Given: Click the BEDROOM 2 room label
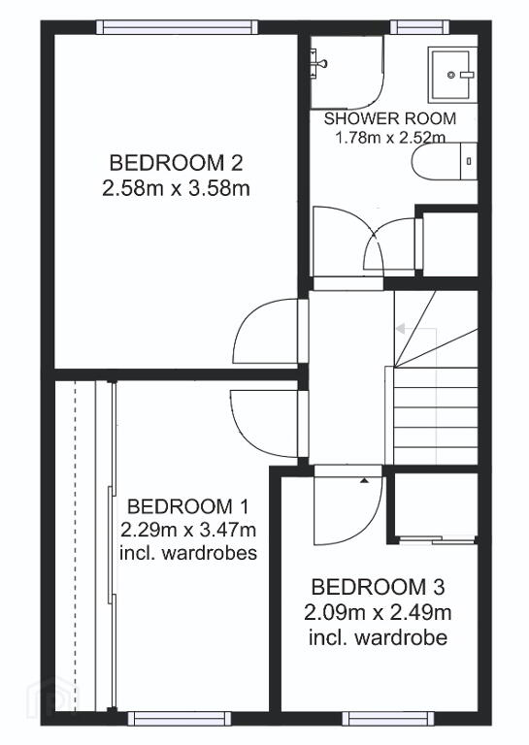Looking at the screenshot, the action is pyautogui.click(x=176, y=163).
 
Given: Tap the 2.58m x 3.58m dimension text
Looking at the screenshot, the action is pyautogui.click(x=176, y=188).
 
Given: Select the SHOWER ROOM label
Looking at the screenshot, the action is pyautogui.click(x=390, y=118).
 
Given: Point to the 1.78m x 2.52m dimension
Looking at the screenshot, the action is pyautogui.click(x=390, y=138).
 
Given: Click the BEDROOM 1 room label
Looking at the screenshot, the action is pyautogui.click(x=187, y=506).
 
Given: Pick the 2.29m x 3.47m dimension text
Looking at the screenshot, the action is pyautogui.click(x=188, y=530).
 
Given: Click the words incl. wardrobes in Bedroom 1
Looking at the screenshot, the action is pyautogui.click(x=188, y=553).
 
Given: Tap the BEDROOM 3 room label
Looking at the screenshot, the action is pyautogui.click(x=378, y=587).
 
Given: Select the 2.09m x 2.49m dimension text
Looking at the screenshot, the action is pyautogui.click(x=378, y=612).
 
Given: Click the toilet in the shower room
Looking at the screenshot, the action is pyautogui.click(x=444, y=162).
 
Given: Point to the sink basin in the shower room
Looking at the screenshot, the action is pyautogui.click(x=451, y=75).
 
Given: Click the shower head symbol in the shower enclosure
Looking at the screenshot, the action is pyautogui.click(x=318, y=62).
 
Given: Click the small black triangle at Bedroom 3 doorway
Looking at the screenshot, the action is pyautogui.click(x=364, y=481).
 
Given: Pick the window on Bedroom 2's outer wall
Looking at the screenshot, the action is pyautogui.click(x=178, y=27).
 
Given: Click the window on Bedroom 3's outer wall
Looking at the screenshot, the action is pyautogui.click(x=388, y=718).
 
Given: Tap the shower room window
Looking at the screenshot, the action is pyautogui.click(x=419, y=27).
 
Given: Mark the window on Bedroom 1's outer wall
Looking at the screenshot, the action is pyautogui.click(x=180, y=718).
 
